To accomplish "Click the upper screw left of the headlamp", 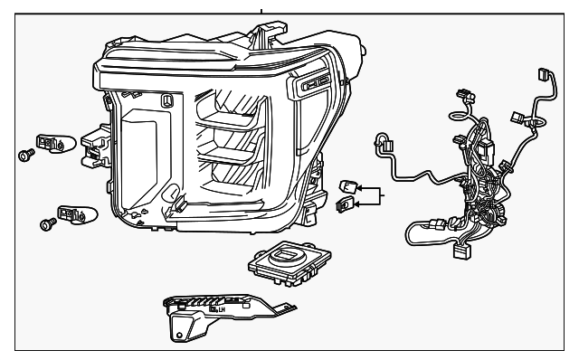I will (25, 156).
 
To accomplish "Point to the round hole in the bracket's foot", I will (178, 336).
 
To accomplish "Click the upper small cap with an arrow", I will (347, 187).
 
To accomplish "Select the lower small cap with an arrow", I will (343, 204).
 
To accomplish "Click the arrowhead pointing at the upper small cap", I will (358, 189).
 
